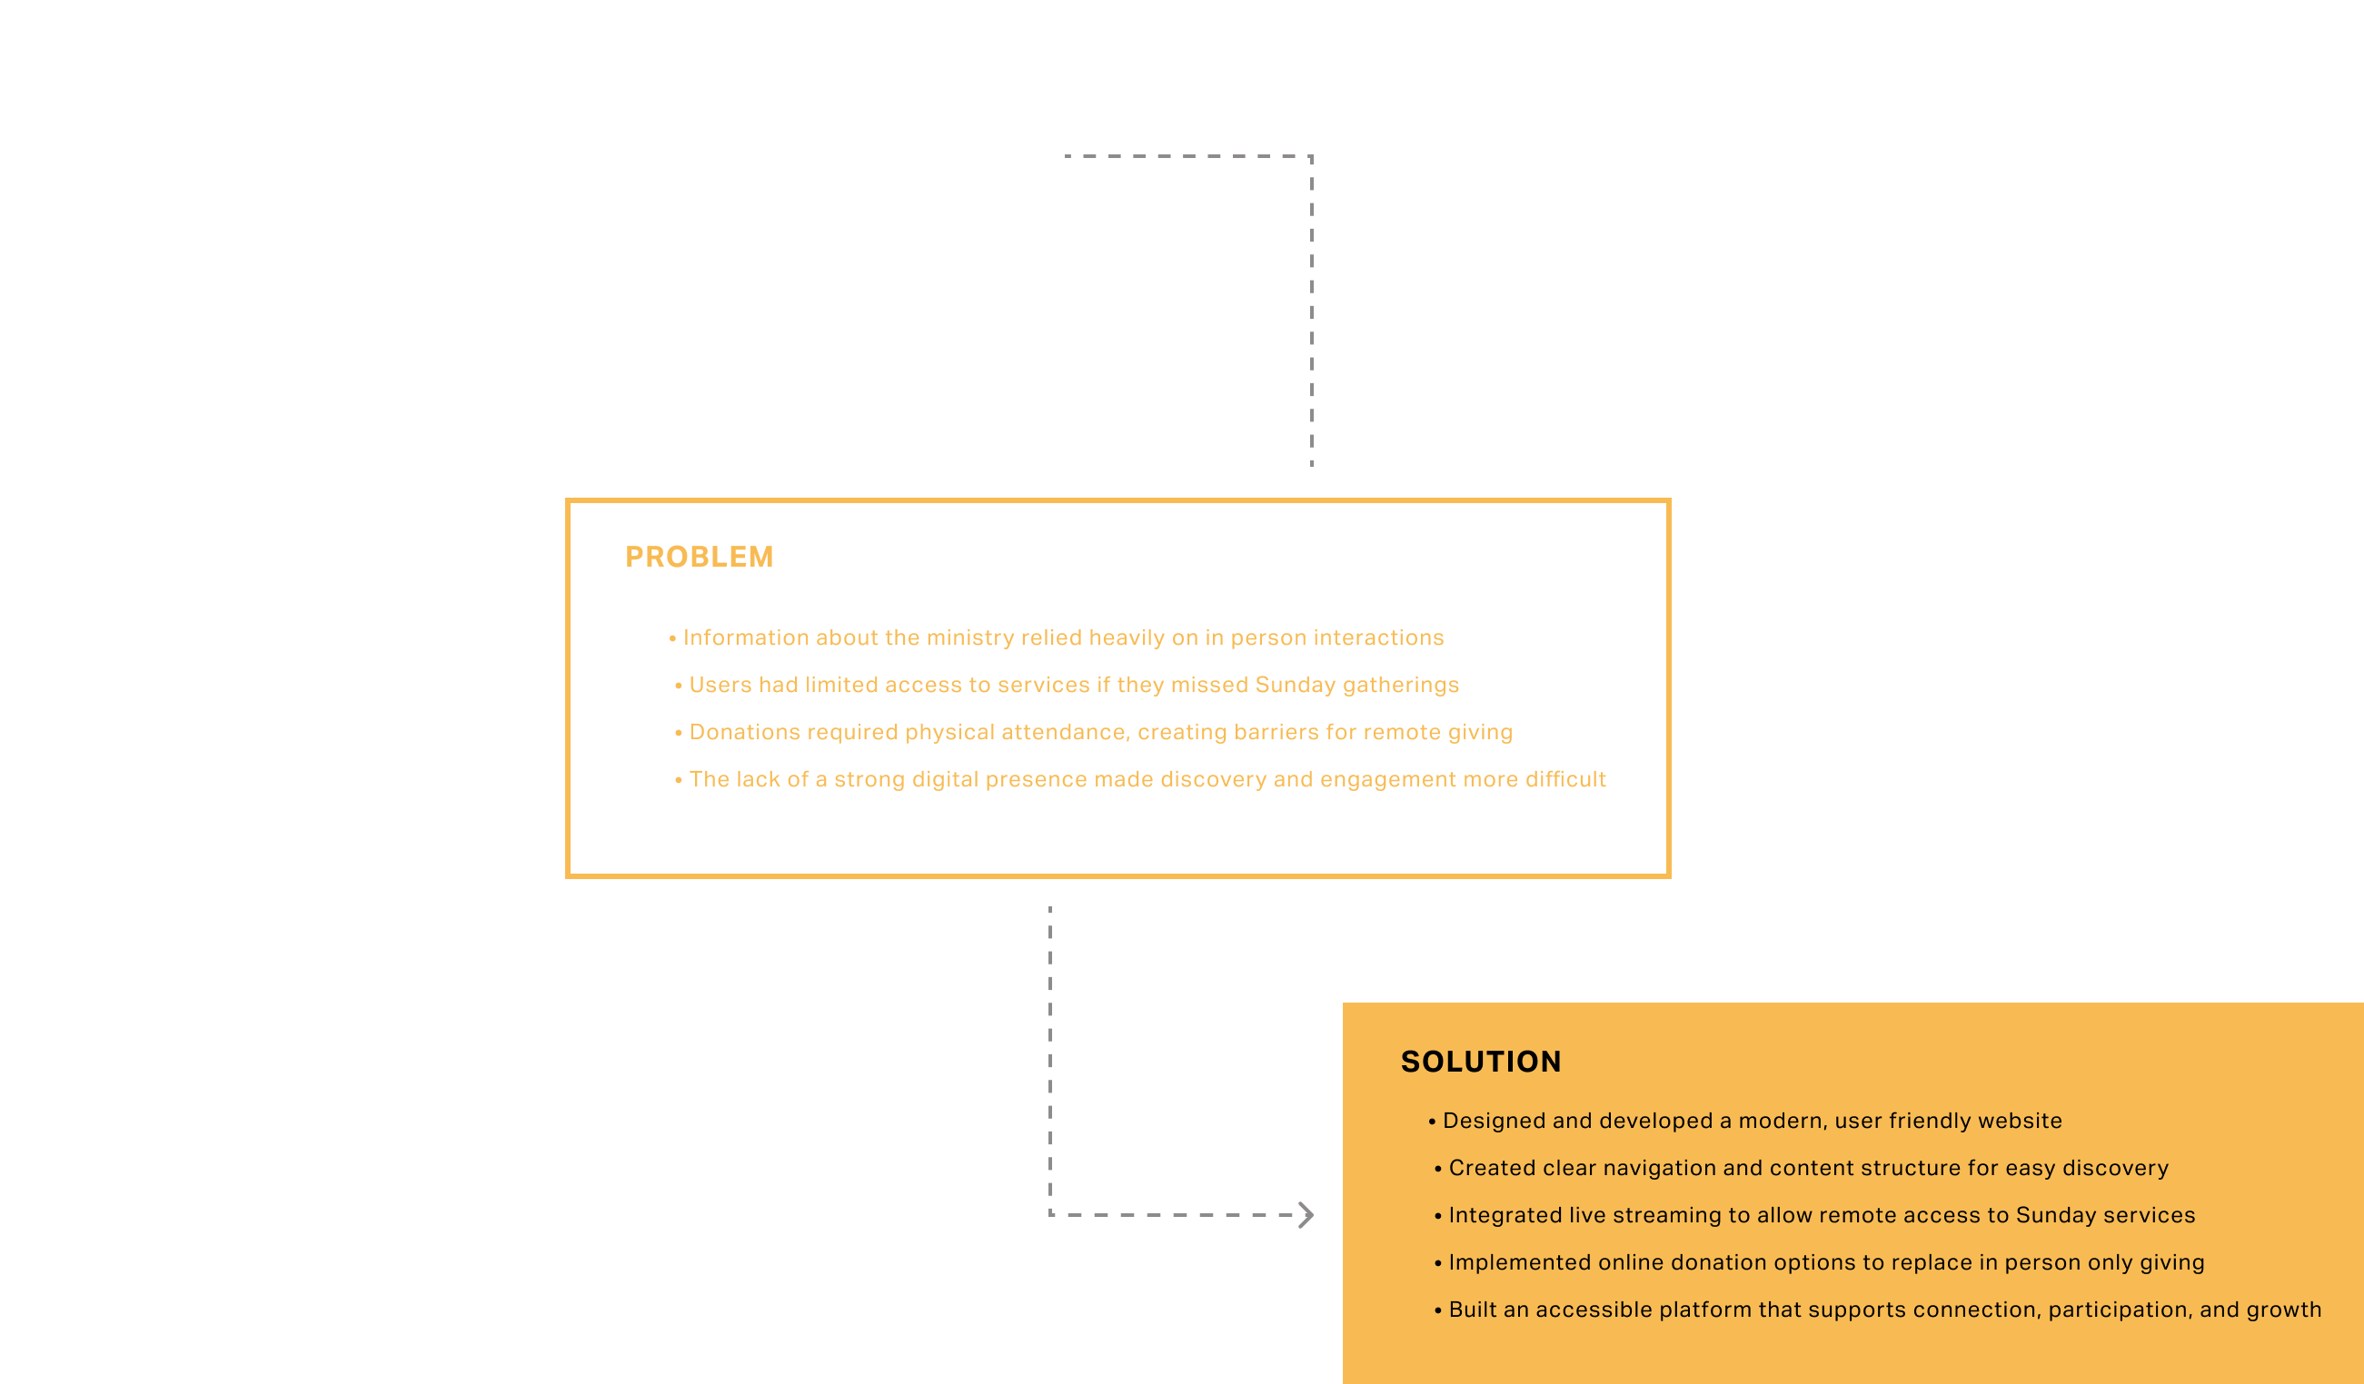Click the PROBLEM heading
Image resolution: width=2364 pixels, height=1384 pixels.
(x=699, y=557)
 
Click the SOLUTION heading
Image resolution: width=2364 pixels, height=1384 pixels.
(x=1480, y=1062)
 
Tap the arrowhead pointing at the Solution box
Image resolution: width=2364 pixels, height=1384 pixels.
(x=1306, y=1215)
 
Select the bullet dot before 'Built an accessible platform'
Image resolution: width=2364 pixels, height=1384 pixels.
(x=1437, y=1310)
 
